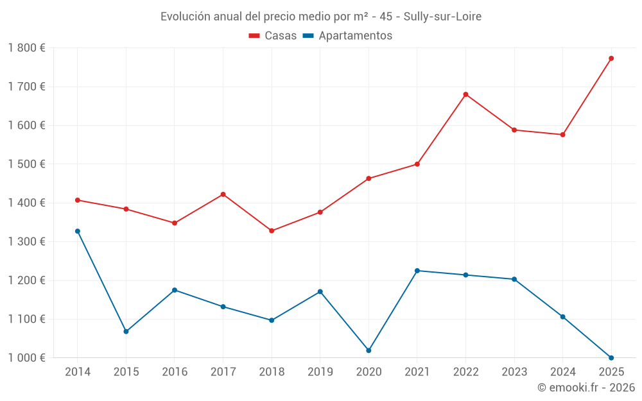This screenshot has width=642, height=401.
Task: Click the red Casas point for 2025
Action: pos(611,58)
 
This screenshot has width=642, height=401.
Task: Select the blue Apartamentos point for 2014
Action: pos(78,231)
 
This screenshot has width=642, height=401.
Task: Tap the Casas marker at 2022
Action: pos(465,94)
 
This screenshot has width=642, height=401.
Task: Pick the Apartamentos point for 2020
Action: pos(369,350)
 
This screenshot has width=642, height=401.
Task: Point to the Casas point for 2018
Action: pos(272,230)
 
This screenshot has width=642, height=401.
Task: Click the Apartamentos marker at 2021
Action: pos(417,271)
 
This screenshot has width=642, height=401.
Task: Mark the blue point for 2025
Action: pos(611,358)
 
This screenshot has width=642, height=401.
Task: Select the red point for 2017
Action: pos(223,194)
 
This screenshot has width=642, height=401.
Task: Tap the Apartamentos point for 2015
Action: pos(126,332)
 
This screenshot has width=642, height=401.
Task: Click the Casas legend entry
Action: pos(273,36)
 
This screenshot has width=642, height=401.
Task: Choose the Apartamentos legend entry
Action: pos(347,36)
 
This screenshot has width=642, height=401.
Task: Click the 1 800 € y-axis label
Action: pos(27,48)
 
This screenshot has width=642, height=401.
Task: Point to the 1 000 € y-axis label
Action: pos(27,358)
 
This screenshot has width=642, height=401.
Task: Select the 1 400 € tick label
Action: pos(27,203)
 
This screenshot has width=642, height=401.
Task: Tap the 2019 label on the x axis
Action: pos(320,372)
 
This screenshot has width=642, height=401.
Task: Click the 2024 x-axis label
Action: pos(562,372)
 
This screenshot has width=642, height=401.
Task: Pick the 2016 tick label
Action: pos(175,372)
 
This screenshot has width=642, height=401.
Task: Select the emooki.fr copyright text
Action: pos(586,388)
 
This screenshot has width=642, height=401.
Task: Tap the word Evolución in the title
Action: pos(186,17)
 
